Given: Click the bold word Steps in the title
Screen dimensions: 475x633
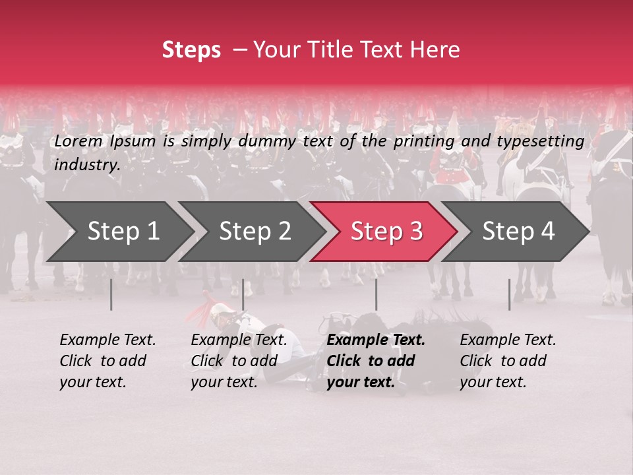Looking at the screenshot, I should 191,50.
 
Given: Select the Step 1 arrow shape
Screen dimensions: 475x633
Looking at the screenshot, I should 119,232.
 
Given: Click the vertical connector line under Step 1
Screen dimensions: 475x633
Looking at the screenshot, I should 111,294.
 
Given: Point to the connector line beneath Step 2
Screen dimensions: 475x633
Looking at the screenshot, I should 243,294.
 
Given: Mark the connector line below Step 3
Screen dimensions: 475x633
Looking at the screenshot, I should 376,294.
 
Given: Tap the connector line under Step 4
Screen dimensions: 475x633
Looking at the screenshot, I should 509,294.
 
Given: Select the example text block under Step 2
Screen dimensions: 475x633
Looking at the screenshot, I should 238,361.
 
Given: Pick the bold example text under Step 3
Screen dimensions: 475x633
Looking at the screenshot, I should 375,361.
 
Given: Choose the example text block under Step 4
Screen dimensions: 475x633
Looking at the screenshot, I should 507,361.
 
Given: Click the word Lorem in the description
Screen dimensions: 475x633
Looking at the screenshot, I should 78,141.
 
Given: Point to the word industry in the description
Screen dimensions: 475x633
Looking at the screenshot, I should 86,165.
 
